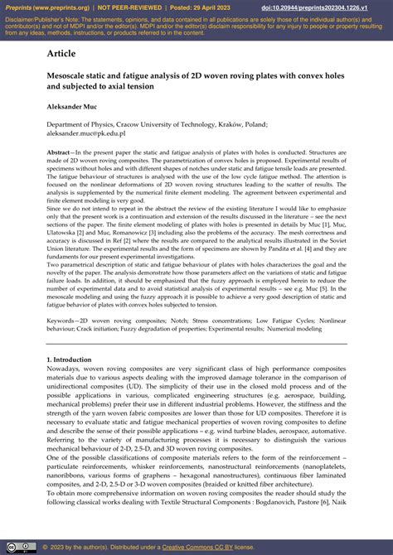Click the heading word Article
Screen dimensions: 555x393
coord(61,53)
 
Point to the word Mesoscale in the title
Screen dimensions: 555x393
coord(70,73)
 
